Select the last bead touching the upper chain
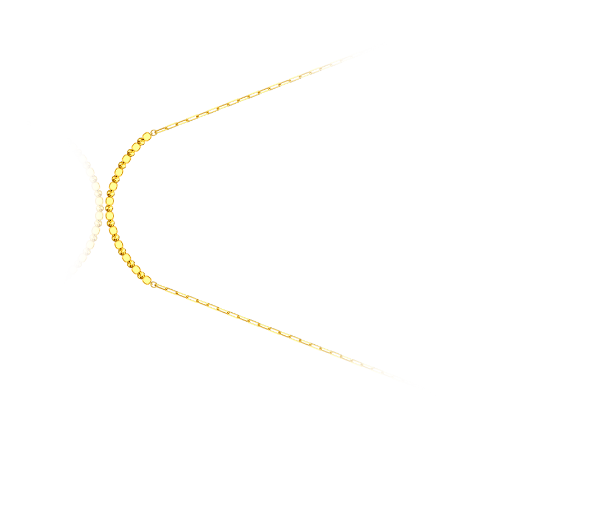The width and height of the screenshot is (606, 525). pos(146,136)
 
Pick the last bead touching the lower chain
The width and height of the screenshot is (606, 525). pos(146,279)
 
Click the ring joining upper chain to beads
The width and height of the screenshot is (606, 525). pos(153,133)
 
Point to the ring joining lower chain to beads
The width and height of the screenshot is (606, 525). pos(153,284)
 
